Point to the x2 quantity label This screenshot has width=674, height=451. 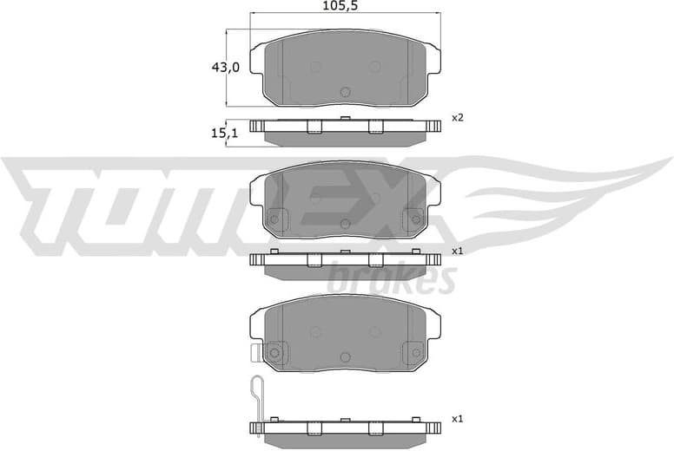point(457,117)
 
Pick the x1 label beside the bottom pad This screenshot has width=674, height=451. point(457,419)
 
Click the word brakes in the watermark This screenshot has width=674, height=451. point(392,280)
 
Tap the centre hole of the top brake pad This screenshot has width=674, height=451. point(345,92)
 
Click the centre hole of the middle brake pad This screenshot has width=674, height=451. point(345,225)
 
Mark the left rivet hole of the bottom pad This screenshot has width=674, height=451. point(276,352)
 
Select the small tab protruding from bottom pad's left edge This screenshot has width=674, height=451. point(255,352)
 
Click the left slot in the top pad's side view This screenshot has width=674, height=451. point(314,127)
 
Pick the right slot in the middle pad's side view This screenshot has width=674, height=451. point(375,260)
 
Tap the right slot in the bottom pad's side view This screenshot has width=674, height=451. point(375,428)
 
